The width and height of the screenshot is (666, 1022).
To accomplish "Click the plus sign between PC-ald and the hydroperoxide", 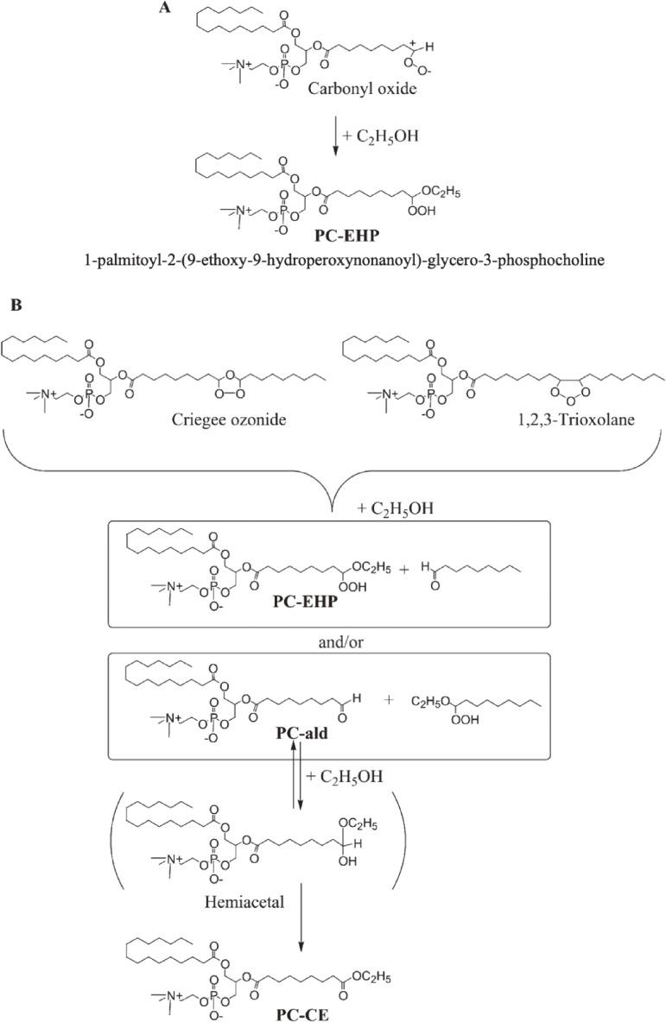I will pos(388,699).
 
